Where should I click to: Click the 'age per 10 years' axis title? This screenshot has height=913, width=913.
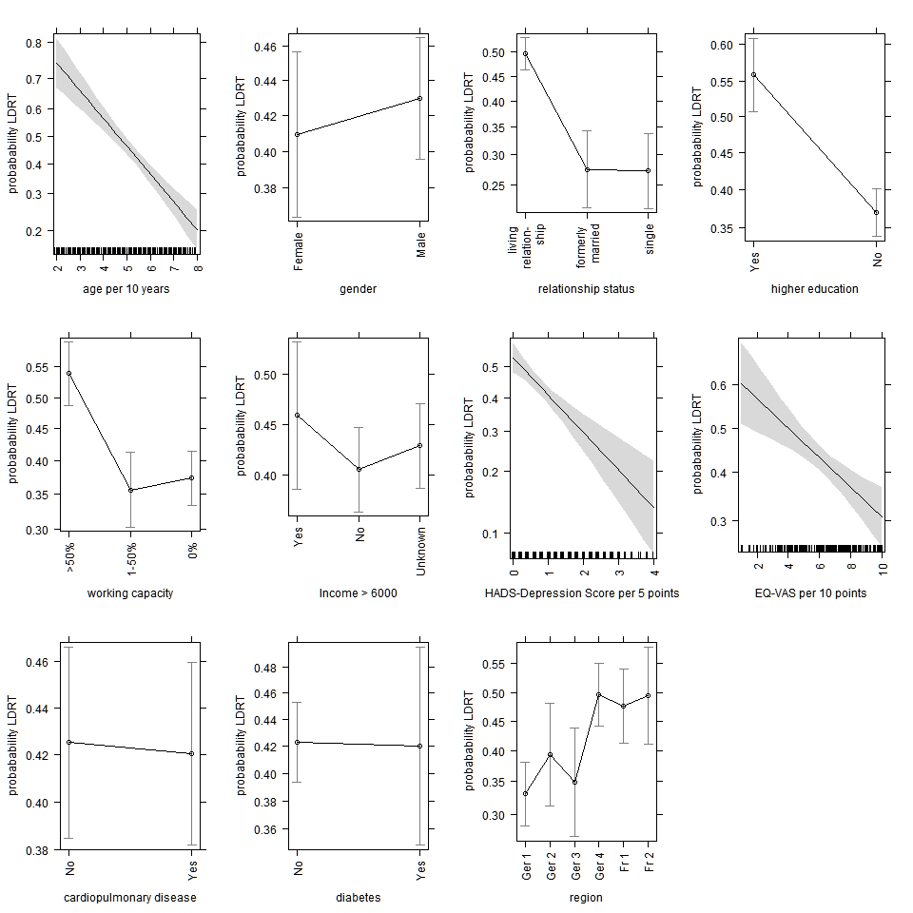pos(126,289)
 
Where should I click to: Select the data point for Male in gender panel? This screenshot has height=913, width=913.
pos(419,98)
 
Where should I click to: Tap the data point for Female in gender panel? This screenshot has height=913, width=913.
pos(297,134)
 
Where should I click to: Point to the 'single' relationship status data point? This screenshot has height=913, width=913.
pos(649,171)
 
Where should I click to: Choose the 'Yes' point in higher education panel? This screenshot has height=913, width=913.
pos(754,74)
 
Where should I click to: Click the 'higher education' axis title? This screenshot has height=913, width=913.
pos(814,289)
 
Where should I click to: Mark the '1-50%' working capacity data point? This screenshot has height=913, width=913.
pos(130,490)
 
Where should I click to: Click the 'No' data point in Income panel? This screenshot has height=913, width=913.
pos(359,469)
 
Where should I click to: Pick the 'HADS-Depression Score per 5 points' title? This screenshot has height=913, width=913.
pos(581,593)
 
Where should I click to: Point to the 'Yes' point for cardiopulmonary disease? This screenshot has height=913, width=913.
pos(192,754)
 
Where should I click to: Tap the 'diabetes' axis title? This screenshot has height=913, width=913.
pos(358,898)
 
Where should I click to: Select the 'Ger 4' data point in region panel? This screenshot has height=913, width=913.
pos(599,694)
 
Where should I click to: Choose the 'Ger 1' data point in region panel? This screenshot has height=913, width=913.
pos(526,794)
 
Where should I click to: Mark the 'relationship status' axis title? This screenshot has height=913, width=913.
pos(586,289)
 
